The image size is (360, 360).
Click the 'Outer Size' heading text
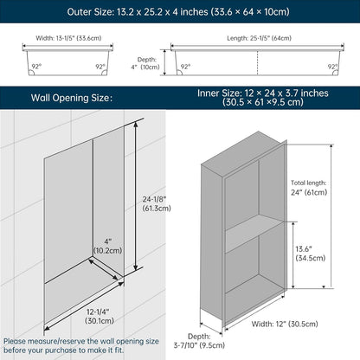[178, 12]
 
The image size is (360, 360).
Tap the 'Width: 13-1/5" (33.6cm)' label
[68, 38]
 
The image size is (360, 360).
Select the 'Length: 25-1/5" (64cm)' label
[259, 38]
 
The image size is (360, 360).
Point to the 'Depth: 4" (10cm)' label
[146, 63]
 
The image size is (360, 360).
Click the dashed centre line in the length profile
[257, 63]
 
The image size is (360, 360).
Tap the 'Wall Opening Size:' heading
[72, 98]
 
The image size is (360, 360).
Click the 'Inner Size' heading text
[263, 98]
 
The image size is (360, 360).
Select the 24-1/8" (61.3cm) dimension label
[157, 203]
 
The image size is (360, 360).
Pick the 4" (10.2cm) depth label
[108, 246]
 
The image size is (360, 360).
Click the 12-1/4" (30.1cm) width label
[100, 316]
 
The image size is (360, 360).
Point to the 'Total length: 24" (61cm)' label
[309, 188]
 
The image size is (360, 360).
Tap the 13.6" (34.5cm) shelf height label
[310, 254]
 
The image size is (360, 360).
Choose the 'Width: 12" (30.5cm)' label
[285, 324]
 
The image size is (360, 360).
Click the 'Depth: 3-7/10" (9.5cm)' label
[199, 341]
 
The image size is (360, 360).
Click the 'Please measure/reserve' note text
[81, 345]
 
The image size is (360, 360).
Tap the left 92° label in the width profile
[36, 67]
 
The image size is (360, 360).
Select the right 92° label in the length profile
[332, 67]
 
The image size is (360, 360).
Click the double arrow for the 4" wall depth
[103, 269]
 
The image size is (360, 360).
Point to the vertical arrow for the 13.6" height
[293, 255]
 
